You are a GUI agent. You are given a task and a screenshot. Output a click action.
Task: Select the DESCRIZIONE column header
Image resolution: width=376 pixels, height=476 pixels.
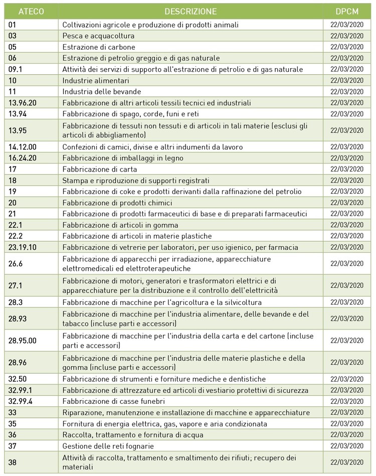coord(190,12)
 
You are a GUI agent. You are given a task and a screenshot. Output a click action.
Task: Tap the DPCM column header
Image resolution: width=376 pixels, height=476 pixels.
coord(347,12)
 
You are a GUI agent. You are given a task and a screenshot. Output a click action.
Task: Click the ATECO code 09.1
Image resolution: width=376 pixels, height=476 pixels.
coord(17,69)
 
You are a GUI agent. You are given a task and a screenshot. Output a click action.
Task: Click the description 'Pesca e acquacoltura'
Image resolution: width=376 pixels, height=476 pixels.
coord(98,36)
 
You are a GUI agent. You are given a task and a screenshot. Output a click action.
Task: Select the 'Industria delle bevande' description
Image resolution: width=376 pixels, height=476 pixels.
coord(102,91)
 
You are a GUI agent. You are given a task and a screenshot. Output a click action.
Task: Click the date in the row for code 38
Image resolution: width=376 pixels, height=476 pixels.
coord(347,462)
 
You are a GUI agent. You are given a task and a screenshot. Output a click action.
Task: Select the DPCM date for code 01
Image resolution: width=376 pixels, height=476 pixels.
coord(347,25)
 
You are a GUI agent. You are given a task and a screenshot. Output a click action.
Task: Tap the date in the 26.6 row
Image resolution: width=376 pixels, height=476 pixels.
coord(347,263)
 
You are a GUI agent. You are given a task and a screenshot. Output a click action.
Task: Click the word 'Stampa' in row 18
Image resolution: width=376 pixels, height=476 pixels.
coord(74,180)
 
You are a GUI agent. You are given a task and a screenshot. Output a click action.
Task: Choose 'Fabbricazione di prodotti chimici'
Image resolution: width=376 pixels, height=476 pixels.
coord(117,203)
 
